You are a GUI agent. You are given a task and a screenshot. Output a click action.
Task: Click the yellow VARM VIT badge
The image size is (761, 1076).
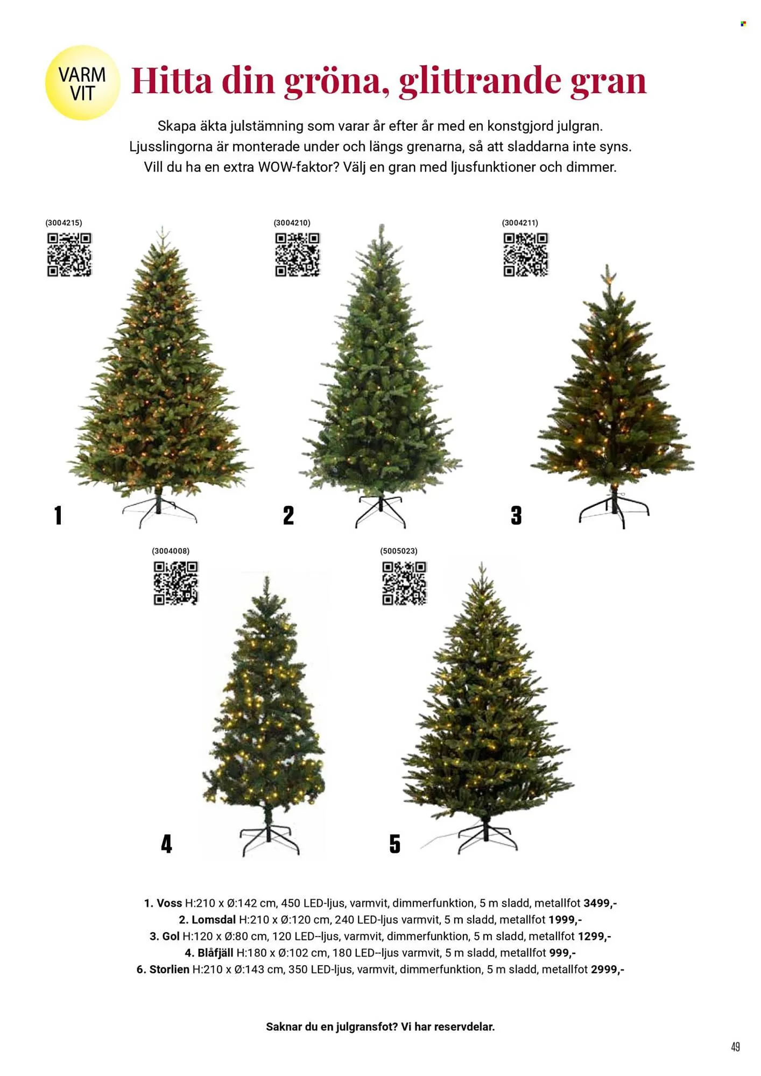(x=82, y=83)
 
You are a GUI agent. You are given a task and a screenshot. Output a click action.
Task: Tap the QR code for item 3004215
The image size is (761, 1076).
(x=69, y=254)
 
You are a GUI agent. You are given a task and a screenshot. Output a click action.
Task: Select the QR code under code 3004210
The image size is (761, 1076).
(x=298, y=254)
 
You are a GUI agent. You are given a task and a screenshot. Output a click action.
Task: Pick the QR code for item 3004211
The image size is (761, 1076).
(x=526, y=254)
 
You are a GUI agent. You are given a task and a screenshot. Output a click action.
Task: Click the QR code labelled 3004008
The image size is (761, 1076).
(x=176, y=583)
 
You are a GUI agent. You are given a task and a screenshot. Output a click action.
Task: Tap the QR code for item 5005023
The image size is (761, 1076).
(x=404, y=583)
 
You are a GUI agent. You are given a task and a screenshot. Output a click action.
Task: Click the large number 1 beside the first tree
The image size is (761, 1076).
(x=58, y=515)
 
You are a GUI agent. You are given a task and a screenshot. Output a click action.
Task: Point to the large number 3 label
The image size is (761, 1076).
(x=516, y=515)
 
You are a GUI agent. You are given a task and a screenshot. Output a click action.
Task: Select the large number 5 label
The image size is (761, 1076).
(x=395, y=844)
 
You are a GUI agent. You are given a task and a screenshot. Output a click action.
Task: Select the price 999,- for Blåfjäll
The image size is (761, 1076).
(x=562, y=953)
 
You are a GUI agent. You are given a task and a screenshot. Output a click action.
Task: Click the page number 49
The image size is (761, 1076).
(x=735, y=1046)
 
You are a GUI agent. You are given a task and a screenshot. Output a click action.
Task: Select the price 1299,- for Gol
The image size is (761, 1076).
(x=594, y=936)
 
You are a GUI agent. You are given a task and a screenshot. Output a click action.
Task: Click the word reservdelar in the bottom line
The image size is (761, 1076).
(x=464, y=1027)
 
